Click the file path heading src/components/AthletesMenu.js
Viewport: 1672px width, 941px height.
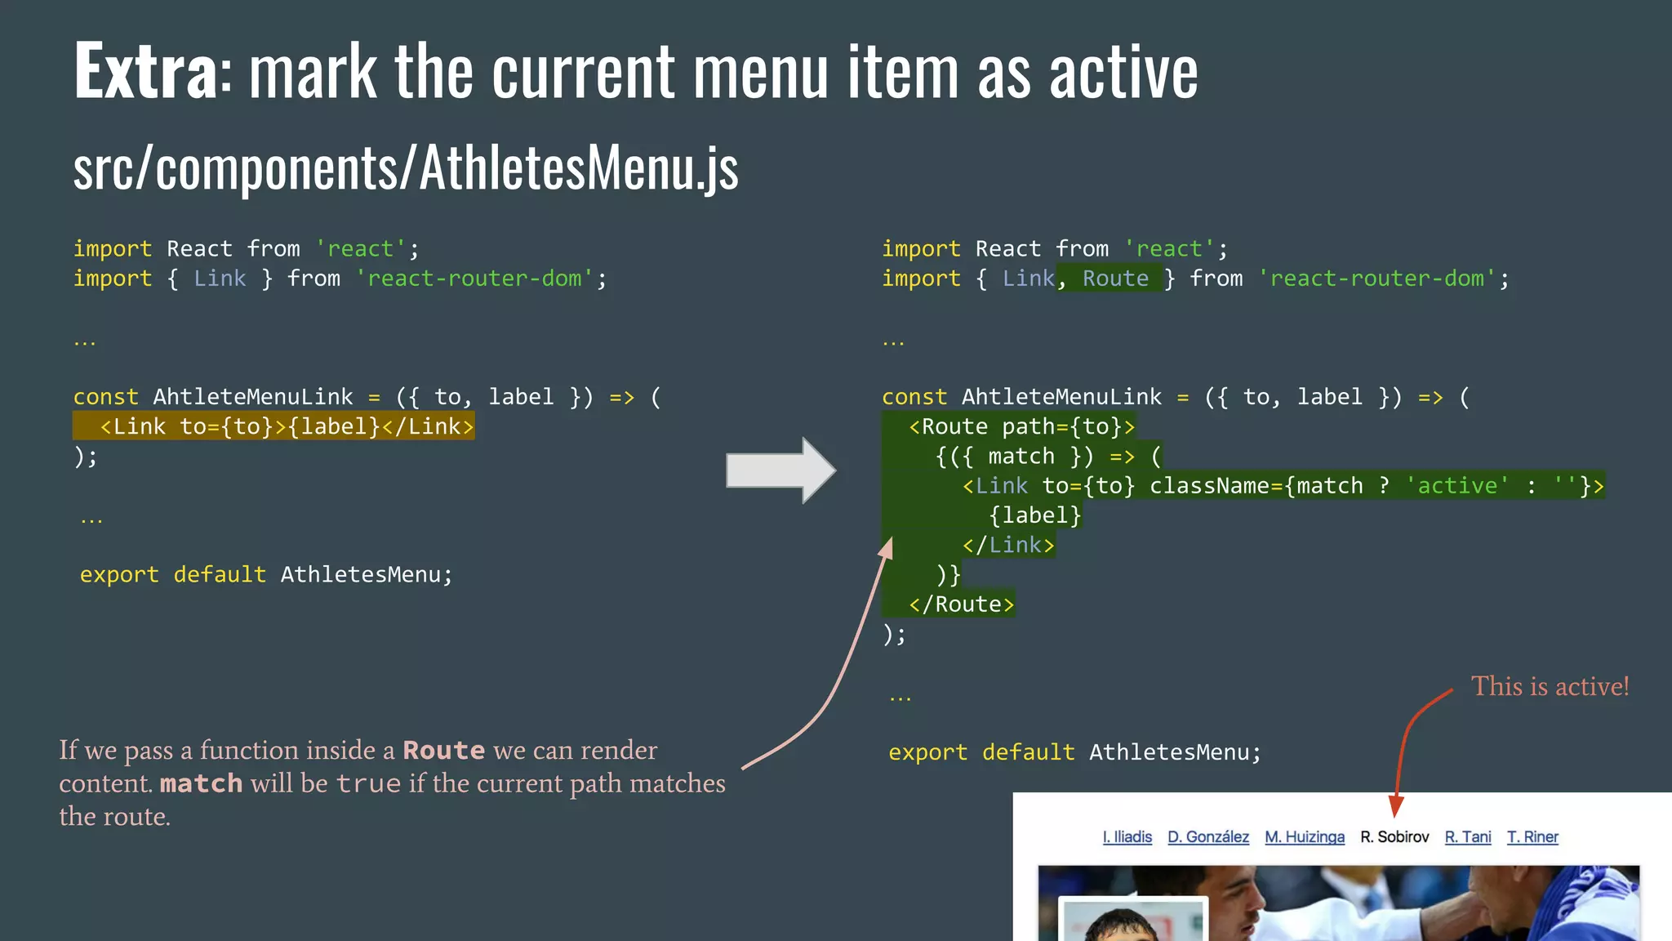click(406, 168)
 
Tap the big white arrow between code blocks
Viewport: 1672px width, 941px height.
click(780, 470)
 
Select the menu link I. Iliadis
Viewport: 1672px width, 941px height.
click(1127, 837)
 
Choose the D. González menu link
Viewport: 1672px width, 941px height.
click(1207, 837)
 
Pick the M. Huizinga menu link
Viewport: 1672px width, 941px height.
click(1304, 837)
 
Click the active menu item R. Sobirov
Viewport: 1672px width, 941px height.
click(1394, 837)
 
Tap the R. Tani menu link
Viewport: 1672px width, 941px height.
click(1467, 837)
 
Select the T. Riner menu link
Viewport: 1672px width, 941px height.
click(1532, 837)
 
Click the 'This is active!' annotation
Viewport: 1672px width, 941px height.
click(1549, 687)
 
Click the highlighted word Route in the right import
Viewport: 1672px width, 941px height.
click(1115, 279)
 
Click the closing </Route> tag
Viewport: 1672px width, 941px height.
click(961, 604)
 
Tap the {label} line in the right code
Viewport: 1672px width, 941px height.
click(1034, 515)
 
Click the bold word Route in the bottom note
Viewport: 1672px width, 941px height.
click(443, 751)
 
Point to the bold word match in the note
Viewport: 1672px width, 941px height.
click(201, 784)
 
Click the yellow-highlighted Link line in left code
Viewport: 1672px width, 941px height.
click(285, 426)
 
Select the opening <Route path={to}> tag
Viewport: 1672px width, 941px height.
click(1021, 426)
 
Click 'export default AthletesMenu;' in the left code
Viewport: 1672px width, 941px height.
click(265, 575)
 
